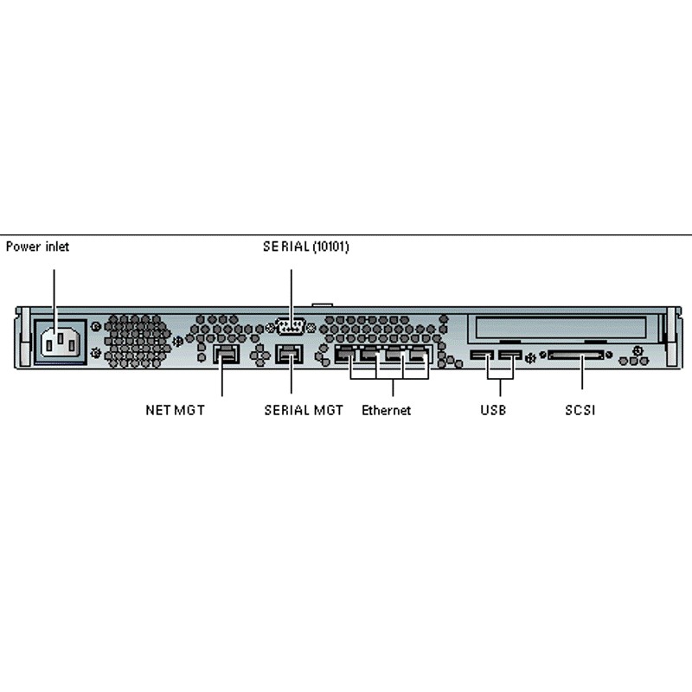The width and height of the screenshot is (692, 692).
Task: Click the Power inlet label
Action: point(37,247)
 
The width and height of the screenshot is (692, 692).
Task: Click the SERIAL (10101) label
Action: point(306,247)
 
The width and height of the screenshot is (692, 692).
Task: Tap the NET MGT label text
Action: point(175,410)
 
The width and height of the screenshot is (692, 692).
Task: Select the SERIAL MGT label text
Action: point(304,410)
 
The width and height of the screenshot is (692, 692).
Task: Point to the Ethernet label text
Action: point(386,410)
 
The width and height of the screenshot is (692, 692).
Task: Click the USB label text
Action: point(493,410)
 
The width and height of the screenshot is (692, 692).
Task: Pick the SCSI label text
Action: point(580,410)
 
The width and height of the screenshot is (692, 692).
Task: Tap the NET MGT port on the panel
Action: point(225,355)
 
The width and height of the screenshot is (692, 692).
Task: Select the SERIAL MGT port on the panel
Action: point(288,355)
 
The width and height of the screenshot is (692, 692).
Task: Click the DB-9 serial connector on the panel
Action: point(290,327)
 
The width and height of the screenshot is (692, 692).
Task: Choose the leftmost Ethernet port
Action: point(345,354)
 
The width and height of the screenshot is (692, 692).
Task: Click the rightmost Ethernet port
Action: point(420,354)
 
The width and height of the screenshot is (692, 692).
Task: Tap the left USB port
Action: point(481,355)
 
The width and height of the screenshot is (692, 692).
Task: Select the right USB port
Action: point(510,355)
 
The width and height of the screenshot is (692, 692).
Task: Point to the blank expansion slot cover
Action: point(557,328)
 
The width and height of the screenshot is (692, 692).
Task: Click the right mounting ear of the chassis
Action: point(671,337)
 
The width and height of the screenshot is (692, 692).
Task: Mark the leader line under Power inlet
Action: point(54,294)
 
